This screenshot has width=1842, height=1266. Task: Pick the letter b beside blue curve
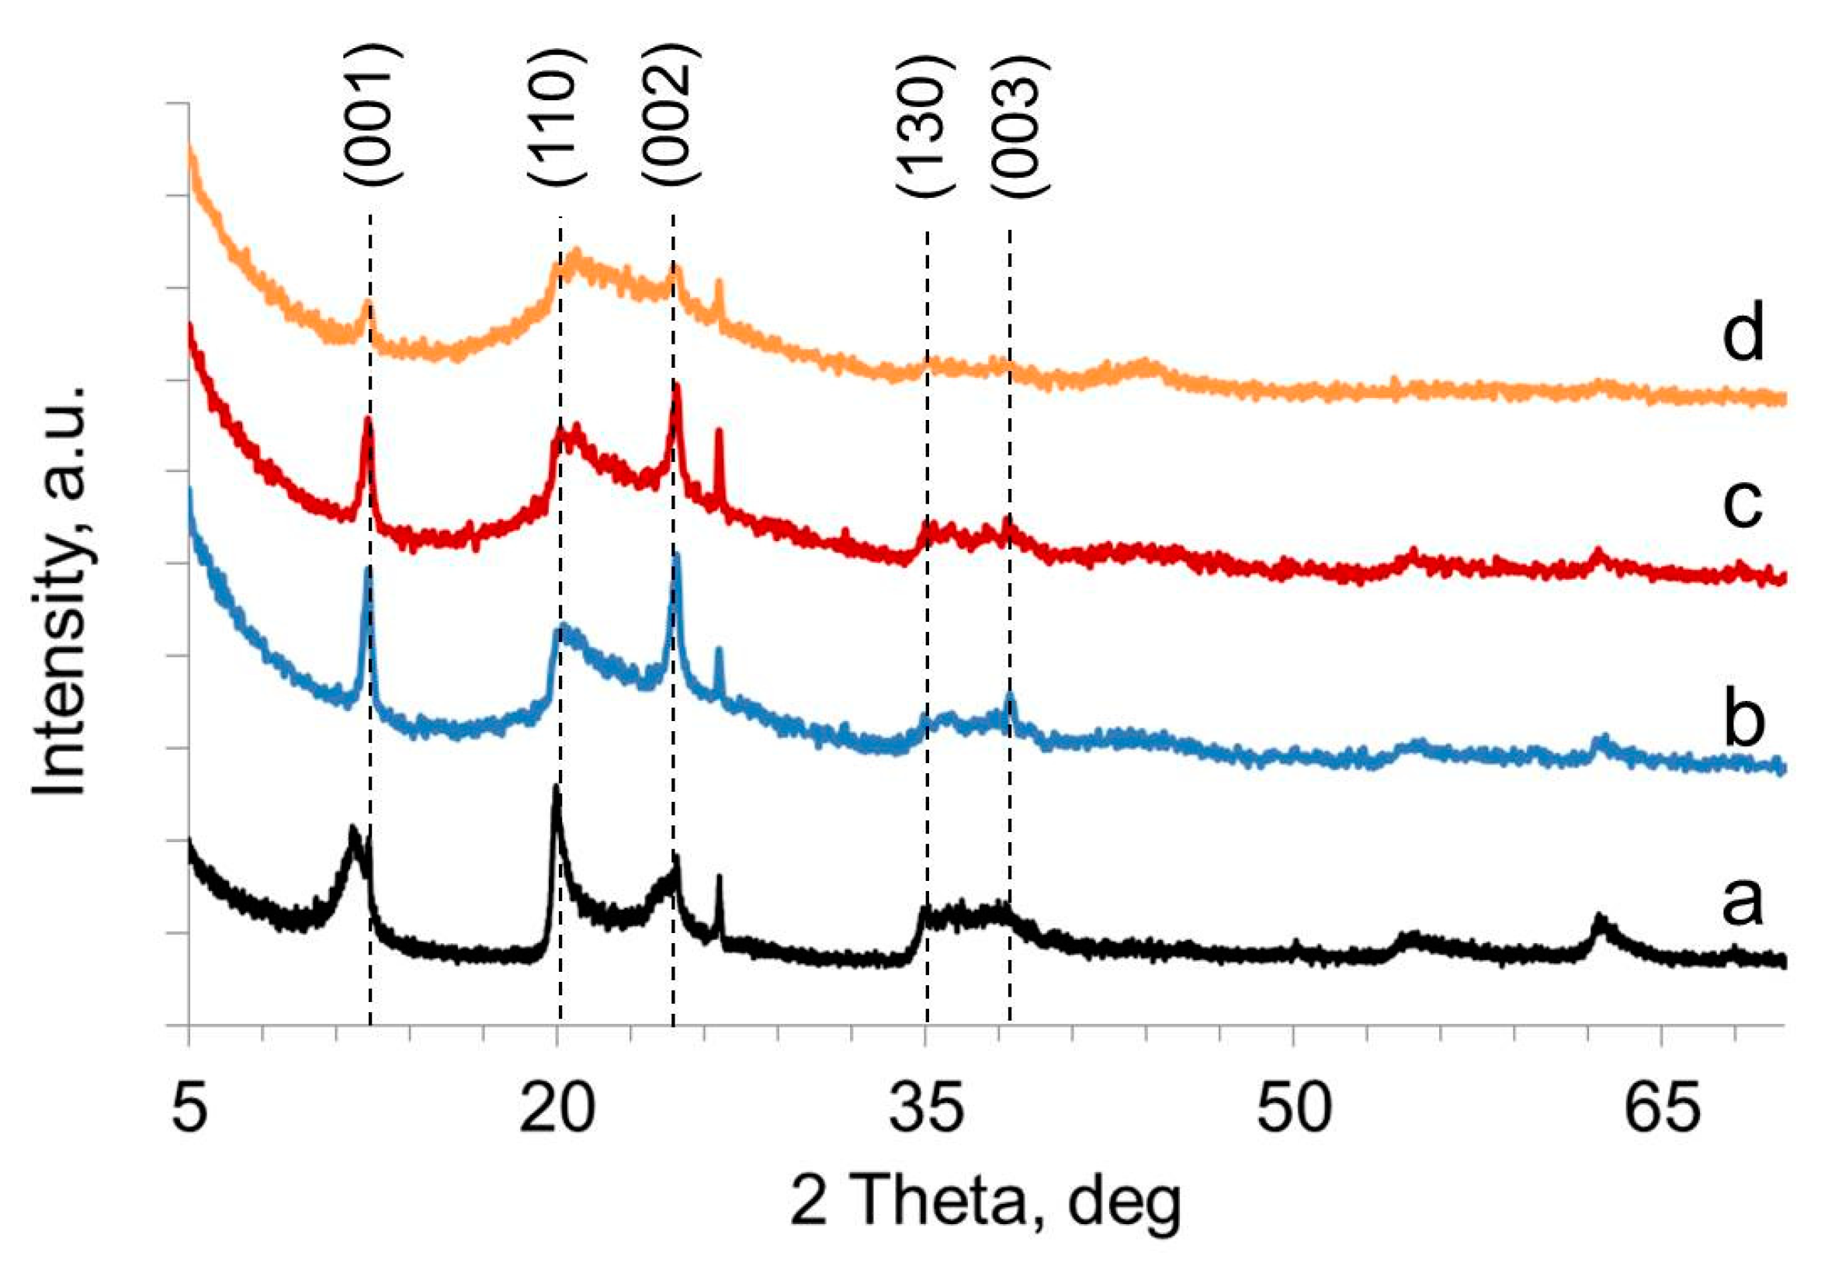click(1743, 719)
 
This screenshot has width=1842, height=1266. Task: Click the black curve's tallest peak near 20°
click(556, 789)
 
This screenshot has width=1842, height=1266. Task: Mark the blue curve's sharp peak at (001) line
click(366, 570)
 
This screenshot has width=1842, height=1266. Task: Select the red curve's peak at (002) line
click(676, 388)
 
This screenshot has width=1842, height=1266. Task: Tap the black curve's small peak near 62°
click(1599, 919)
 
